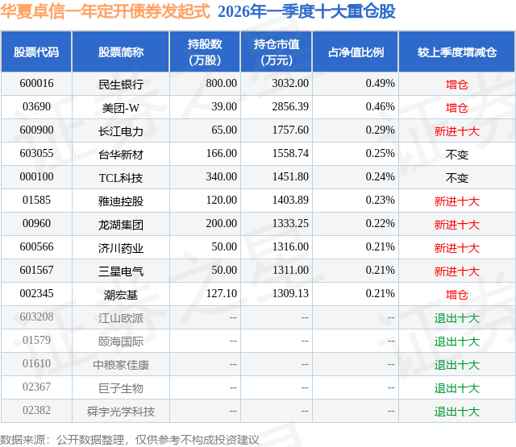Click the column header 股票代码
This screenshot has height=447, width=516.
pyautogui.click(x=36, y=52)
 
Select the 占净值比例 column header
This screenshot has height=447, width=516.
pyautogui.click(x=356, y=52)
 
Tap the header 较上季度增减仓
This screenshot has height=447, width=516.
pyautogui.click(x=457, y=52)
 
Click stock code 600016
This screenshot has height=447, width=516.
pyautogui.click(x=36, y=84)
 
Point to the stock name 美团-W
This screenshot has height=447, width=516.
pyautogui.click(x=121, y=108)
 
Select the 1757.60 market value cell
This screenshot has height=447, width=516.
pyautogui.click(x=290, y=130)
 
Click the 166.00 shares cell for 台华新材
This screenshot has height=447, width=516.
pyautogui.click(x=222, y=154)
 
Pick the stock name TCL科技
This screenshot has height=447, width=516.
pyautogui.click(x=121, y=178)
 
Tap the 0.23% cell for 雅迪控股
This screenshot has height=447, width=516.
pyautogui.click(x=380, y=201)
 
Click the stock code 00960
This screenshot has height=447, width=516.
pyautogui.click(x=36, y=224)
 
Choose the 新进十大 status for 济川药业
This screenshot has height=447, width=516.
pyautogui.click(x=457, y=248)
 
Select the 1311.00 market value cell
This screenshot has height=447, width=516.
pyautogui.click(x=290, y=270)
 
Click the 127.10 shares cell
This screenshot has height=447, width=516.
pyautogui.click(x=222, y=293)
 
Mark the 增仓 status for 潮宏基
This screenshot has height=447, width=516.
pyautogui.click(x=457, y=295)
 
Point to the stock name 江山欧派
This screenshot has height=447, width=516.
pyautogui.click(x=121, y=318)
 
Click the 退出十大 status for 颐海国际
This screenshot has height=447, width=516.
pyautogui.click(x=457, y=341)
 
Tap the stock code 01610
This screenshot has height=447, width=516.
pyautogui.click(x=36, y=363)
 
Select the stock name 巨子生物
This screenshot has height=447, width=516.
pyautogui.click(x=121, y=388)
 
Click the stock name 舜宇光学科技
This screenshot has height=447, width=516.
pyautogui.click(x=121, y=412)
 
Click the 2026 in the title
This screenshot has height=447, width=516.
pyautogui.click(x=234, y=11)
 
